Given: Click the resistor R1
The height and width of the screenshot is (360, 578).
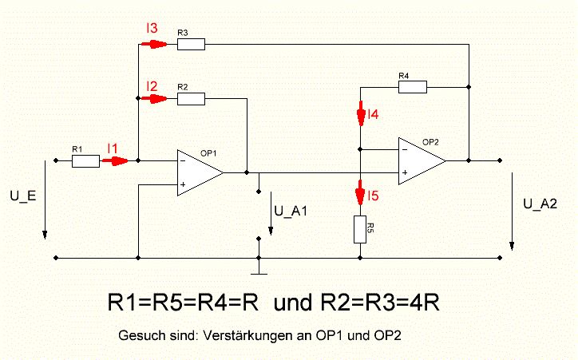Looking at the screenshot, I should tap(85, 161).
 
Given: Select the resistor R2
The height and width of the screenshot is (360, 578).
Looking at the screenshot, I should tap(191, 99).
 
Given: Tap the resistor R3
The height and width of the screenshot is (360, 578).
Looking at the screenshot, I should tap(191, 44).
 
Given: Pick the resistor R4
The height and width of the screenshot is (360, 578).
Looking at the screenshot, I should tap(412, 86).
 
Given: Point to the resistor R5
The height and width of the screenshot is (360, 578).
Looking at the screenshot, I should tap(361, 230).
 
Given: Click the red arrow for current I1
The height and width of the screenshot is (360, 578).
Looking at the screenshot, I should tap(117, 161).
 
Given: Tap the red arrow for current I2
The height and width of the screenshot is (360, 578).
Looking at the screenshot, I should tap(155, 99).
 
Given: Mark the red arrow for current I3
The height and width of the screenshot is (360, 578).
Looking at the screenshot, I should tap(155, 44).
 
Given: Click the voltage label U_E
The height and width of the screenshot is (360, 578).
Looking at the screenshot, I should tap(23, 195).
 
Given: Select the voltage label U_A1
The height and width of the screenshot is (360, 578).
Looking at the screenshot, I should tap(291, 212).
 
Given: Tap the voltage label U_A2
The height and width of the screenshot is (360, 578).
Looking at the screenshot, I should tap(540, 204).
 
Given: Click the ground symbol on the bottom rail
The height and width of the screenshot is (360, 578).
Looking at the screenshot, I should tap(258, 268).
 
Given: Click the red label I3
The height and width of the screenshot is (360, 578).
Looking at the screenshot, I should tap(151, 28).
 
